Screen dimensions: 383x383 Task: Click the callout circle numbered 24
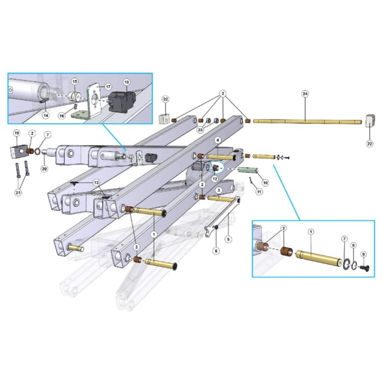coord(305,94)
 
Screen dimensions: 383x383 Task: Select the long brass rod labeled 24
coord(306,122)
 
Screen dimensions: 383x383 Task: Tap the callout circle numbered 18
coord(127,82)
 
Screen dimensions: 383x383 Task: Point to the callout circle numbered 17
coord(108,87)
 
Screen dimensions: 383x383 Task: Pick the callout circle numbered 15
coord(75,82)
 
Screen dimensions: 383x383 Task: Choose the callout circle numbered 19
coord(16,134)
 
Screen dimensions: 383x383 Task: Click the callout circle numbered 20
coord(44,170)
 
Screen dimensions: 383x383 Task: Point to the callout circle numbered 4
coord(218,139)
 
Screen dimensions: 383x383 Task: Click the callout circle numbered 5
coord(228,238)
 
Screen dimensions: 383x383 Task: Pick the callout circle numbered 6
coord(216,251)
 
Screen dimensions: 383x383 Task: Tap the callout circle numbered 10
coord(265,182)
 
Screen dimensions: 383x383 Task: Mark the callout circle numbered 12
coord(215,179)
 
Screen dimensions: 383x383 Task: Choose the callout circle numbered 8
coord(354,246)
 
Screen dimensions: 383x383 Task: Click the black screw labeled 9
coord(364,267)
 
